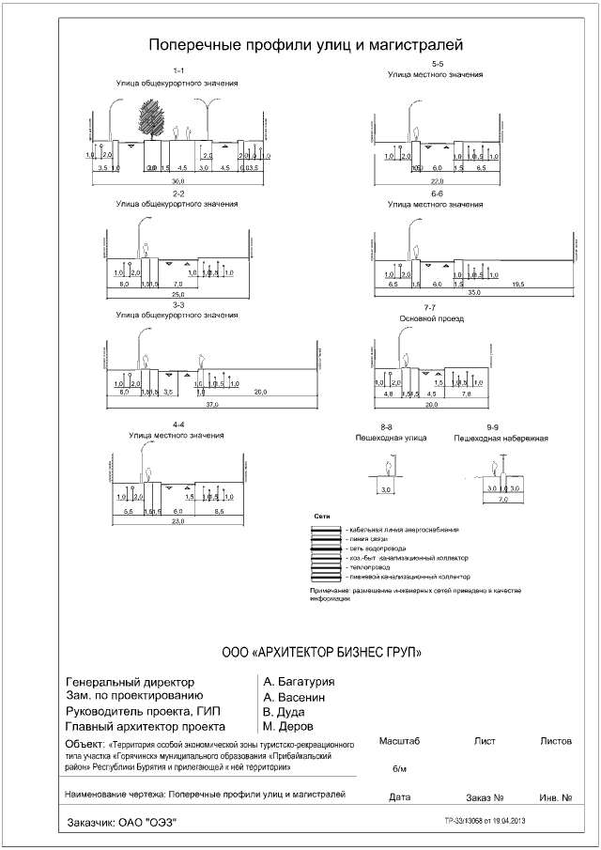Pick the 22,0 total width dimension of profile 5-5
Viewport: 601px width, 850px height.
pyautogui.click(x=437, y=180)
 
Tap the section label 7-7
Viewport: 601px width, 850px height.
pyautogui.click(x=432, y=308)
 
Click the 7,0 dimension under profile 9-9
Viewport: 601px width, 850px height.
pyautogui.click(x=502, y=501)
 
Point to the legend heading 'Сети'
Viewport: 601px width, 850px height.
pyautogui.click(x=319, y=517)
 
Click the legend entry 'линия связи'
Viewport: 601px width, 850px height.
pyautogui.click(x=368, y=538)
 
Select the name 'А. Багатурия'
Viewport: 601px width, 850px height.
pyautogui.click(x=300, y=682)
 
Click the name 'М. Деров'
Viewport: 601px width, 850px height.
pyautogui.click(x=287, y=726)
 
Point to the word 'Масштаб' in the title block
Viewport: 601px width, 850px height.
pyautogui.click(x=398, y=741)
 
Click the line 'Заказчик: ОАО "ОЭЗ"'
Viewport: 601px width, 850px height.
pyautogui.click(x=122, y=823)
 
